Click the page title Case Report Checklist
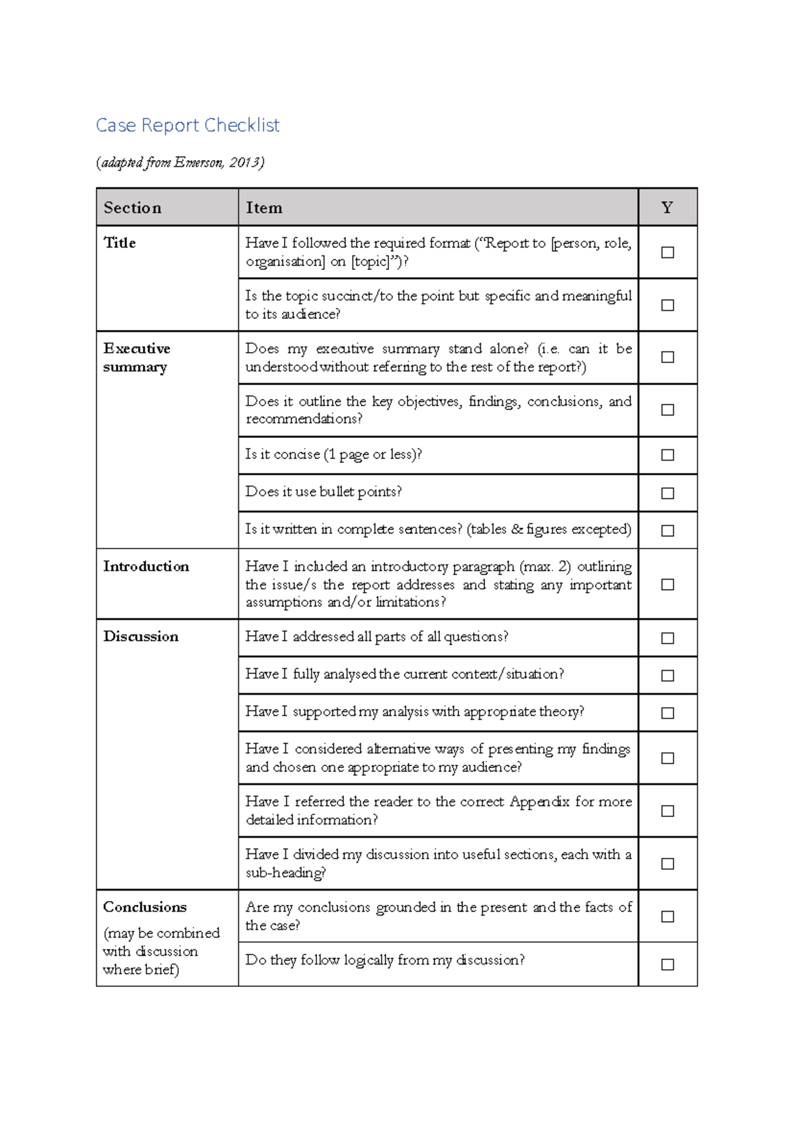[x=187, y=125]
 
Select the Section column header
[x=132, y=208]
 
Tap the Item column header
[x=264, y=208]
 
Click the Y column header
[x=667, y=208]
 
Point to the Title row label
[x=120, y=243]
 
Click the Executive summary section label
[x=136, y=357]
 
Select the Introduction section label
[x=146, y=566]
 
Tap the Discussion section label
[x=141, y=636]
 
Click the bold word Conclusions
[x=145, y=907]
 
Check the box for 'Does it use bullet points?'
[x=668, y=493]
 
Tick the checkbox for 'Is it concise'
[x=668, y=455]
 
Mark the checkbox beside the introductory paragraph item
[x=668, y=584]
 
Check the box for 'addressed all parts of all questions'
[x=668, y=638]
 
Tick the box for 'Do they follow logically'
[x=668, y=965]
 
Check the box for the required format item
[x=668, y=252]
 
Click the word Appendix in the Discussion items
[x=539, y=802]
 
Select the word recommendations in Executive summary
[x=303, y=419]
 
